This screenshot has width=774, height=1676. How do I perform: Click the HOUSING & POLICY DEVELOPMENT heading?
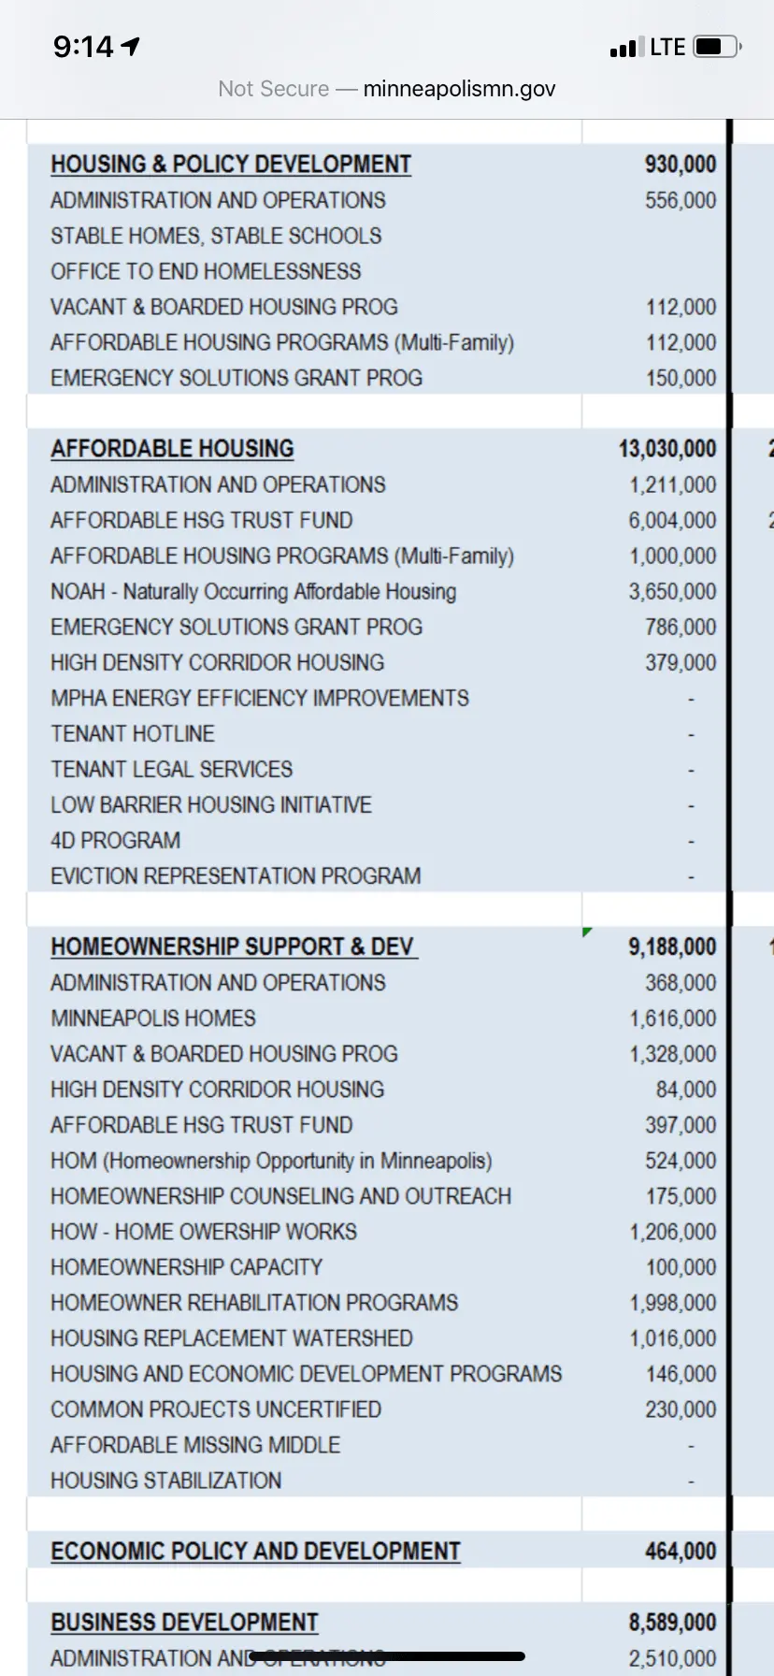point(231,165)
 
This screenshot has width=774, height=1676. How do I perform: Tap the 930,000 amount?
point(680,165)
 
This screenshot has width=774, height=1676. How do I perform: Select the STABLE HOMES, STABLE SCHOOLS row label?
point(216,236)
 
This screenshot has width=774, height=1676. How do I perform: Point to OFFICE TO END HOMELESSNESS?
point(206,271)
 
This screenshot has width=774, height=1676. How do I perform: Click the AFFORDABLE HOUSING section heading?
point(172,449)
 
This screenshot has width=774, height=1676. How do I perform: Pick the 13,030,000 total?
point(666,449)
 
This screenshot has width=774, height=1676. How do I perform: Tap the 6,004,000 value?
point(672,520)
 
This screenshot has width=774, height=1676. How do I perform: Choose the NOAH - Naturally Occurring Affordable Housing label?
point(253,591)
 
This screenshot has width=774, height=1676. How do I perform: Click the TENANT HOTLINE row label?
point(133,733)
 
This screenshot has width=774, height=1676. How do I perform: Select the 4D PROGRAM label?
point(115,840)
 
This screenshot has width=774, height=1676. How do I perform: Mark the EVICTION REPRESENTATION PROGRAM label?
point(236,875)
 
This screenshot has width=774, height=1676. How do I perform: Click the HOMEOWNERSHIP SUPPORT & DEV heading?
point(233,946)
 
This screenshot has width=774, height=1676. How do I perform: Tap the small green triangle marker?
point(586,932)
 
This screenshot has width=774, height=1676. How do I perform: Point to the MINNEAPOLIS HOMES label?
point(153,1018)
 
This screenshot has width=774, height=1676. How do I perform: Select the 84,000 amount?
point(686,1089)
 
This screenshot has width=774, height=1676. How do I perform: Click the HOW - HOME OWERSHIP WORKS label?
point(204,1231)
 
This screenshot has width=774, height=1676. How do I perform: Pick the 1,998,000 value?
point(672,1302)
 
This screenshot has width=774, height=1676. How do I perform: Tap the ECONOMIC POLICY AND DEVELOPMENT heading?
point(255,1551)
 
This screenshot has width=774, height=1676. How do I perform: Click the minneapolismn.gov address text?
point(459,89)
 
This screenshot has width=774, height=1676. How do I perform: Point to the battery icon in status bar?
point(717,47)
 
